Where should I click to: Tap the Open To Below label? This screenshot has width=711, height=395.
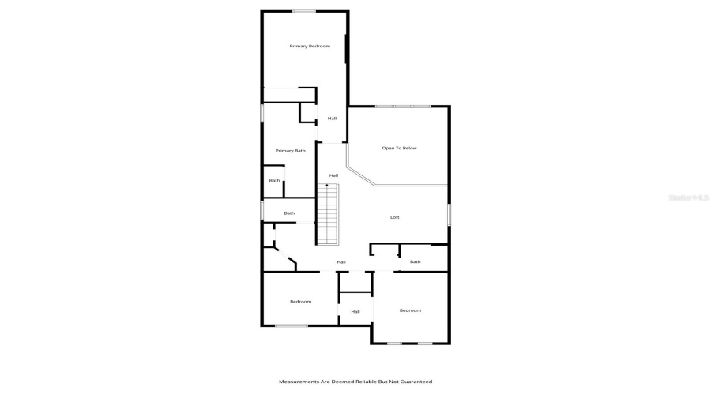click(x=399, y=148)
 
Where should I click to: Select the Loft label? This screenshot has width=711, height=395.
click(x=395, y=217)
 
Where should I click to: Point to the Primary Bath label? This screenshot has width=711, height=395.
click(x=290, y=151)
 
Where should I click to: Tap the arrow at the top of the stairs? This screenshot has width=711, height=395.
click(x=327, y=186)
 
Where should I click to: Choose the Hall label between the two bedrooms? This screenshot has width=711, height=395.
click(x=355, y=312)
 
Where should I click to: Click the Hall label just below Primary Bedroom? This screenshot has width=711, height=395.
click(x=333, y=118)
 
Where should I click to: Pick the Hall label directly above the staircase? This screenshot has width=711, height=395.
click(x=333, y=175)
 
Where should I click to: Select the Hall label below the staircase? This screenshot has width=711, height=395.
click(x=341, y=262)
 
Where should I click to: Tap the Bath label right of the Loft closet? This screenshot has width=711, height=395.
click(x=415, y=261)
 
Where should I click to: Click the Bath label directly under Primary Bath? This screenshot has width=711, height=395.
click(x=274, y=181)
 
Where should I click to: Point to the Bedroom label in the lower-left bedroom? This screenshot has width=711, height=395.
click(x=300, y=302)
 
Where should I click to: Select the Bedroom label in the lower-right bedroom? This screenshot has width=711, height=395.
click(x=410, y=310)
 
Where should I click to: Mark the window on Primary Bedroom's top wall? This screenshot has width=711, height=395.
click(x=304, y=11)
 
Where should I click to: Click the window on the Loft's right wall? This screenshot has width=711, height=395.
click(x=449, y=215)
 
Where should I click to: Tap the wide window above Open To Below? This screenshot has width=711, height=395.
click(x=403, y=107)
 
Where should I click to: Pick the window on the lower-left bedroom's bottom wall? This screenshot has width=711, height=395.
click(x=292, y=325)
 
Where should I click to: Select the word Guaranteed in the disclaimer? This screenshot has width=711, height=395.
click(x=414, y=382)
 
